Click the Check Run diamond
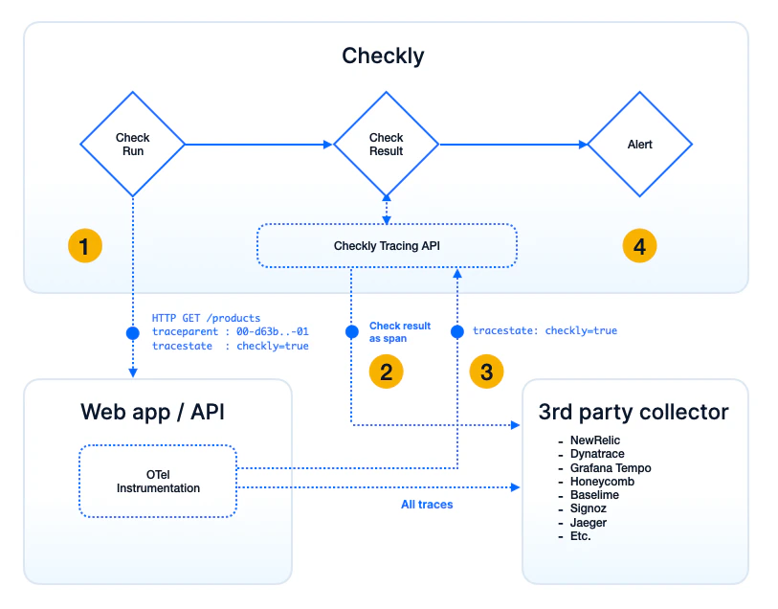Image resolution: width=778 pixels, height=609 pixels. point(132,145)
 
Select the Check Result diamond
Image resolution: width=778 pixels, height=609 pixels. point(386,145)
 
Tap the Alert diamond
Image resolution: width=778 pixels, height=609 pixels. point(639,145)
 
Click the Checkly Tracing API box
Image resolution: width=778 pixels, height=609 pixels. point(387,246)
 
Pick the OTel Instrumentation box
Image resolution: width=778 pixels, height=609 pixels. point(158,481)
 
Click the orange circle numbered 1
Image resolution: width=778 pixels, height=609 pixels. point(84,246)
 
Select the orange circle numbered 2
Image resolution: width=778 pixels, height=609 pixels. point(386,372)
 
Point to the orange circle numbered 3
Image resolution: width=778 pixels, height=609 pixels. point(487,372)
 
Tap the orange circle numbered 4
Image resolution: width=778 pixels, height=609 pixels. point(639,246)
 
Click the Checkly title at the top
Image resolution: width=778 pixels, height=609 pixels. point(383,56)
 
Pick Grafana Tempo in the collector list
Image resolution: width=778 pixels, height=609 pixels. point(610,467)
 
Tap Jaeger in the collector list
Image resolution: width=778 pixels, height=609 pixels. point(588,522)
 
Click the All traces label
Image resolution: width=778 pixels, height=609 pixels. point(427,504)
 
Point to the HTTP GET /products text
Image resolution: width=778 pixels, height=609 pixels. point(206,318)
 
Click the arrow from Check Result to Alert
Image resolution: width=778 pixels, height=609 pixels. point(512,145)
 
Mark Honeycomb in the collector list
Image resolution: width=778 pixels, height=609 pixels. point(602,481)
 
